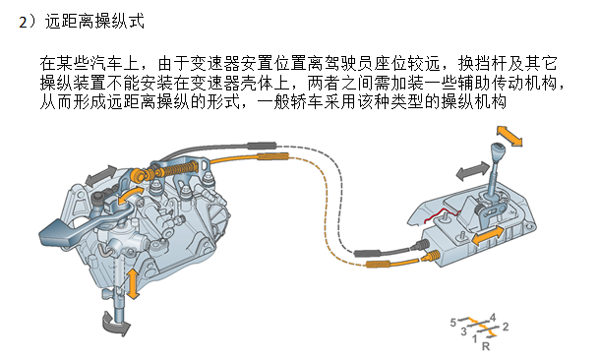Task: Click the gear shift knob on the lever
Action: (x=497, y=150)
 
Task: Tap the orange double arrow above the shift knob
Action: (x=509, y=136)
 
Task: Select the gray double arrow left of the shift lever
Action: (x=472, y=171)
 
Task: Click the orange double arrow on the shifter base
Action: (x=488, y=235)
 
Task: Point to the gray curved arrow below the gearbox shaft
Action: (x=115, y=324)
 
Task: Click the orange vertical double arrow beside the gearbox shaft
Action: (x=133, y=283)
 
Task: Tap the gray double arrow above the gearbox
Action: (x=100, y=175)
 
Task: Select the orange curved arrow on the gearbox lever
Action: (x=129, y=196)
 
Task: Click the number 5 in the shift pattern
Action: (x=453, y=323)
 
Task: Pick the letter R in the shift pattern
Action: (x=486, y=346)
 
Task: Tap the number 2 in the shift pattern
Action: (x=506, y=327)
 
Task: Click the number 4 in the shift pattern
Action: (x=493, y=317)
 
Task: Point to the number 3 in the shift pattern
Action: (x=463, y=331)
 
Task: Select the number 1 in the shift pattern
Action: (x=475, y=338)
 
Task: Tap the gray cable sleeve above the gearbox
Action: (x=262, y=146)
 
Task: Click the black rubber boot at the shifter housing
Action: (x=420, y=244)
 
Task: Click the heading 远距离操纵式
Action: (x=94, y=22)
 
